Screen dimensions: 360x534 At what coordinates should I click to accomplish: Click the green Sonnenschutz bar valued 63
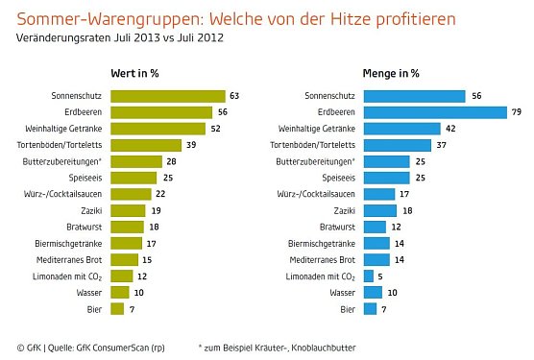[x=168, y=96]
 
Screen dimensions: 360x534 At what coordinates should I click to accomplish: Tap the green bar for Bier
[x=117, y=308]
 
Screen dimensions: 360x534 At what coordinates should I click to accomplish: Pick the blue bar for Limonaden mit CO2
[x=368, y=276]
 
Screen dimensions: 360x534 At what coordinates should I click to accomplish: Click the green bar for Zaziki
[x=128, y=210]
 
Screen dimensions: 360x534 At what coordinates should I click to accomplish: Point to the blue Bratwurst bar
[x=375, y=227]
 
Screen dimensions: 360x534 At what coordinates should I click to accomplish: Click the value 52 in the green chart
[x=216, y=129]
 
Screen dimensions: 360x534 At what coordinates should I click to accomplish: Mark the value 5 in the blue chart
[x=380, y=276]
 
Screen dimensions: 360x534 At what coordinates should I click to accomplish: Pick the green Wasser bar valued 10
[x=119, y=292]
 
